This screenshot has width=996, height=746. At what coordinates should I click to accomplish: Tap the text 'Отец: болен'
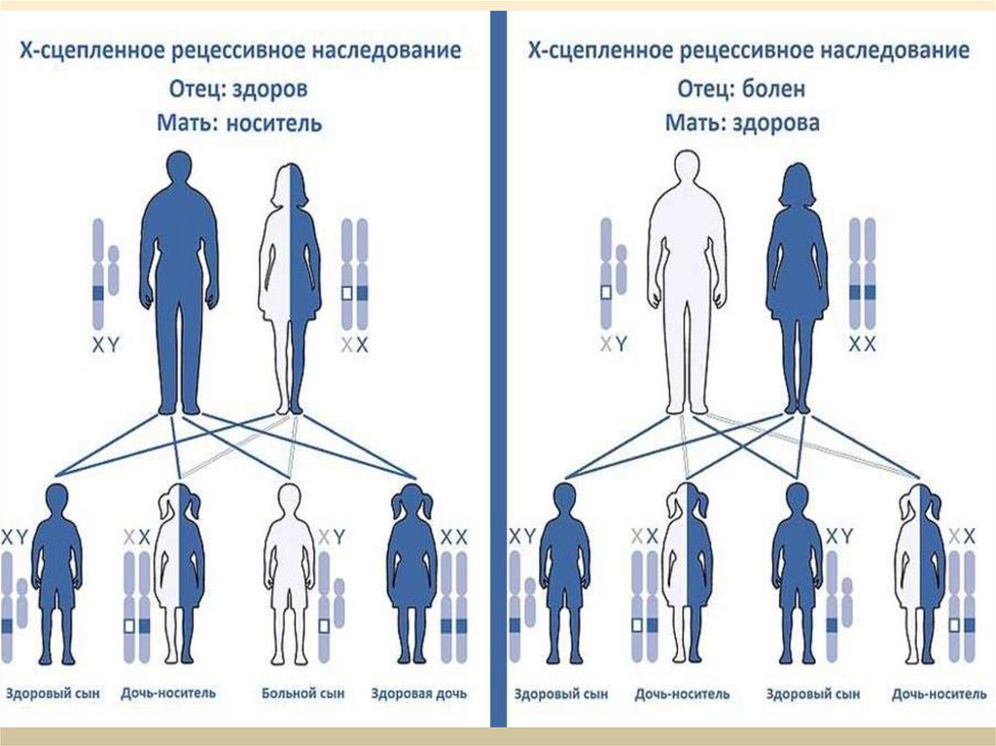pos(743,89)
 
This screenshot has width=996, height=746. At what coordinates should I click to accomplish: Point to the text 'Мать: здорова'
pos(743,124)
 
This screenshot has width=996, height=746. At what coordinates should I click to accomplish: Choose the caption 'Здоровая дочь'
pos(419,694)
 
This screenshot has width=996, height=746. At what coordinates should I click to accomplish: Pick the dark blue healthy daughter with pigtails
pos(411,574)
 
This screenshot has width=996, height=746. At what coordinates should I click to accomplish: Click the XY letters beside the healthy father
pos(105,344)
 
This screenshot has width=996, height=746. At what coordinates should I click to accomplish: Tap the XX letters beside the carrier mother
pos(356,344)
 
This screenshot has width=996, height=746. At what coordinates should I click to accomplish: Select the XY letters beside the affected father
pos(613,344)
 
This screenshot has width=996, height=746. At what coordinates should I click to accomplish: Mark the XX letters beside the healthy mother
pos(863,344)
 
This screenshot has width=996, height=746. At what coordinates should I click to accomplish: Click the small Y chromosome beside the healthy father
pos(114,270)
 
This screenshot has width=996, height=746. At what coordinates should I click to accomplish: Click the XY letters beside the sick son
pos(332,536)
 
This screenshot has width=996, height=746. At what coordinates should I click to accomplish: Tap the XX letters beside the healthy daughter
pos(454,536)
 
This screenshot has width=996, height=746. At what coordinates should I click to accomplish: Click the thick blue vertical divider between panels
pos(498,370)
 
